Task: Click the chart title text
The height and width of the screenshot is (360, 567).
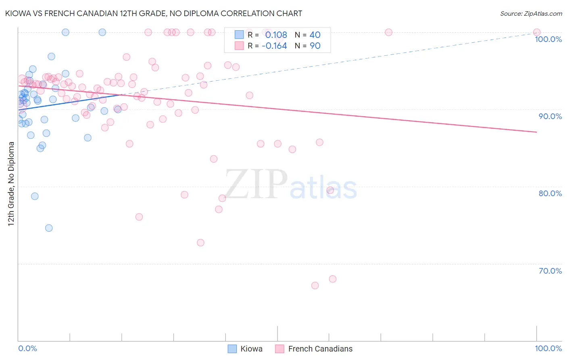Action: click(x=154, y=13)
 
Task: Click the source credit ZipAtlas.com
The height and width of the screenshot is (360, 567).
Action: click(x=531, y=13)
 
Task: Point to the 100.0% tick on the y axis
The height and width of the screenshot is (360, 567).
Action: click(x=548, y=39)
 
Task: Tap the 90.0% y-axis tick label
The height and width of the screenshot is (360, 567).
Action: click(x=550, y=116)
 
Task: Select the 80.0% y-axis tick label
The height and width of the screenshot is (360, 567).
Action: click(x=550, y=193)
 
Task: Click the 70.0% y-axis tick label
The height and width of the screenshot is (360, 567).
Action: click(x=550, y=271)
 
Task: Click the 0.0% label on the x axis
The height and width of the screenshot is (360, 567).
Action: click(x=27, y=348)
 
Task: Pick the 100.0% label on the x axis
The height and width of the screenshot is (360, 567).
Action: click(x=548, y=348)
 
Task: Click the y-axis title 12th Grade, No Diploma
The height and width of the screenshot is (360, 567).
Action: click(x=11, y=184)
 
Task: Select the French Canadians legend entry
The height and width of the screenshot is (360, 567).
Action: click(x=314, y=349)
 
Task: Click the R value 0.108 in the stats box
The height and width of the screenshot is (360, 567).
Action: click(x=276, y=35)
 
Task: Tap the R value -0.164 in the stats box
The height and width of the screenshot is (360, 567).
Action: click(x=274, y=46)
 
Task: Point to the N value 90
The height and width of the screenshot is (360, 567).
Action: click(x=315, y=46)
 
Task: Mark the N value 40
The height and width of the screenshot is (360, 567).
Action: click(x=315, y=35)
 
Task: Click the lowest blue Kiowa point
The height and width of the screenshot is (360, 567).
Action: click(x=49, y=228)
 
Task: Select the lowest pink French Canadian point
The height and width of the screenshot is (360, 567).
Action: click(x=315, y=285)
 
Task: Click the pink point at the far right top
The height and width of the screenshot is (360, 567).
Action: click(x=537, y=32)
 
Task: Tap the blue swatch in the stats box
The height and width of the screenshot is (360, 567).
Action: click(x=239, y=35)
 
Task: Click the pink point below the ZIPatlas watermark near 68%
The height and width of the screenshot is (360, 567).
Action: click(x=333, y=279)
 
